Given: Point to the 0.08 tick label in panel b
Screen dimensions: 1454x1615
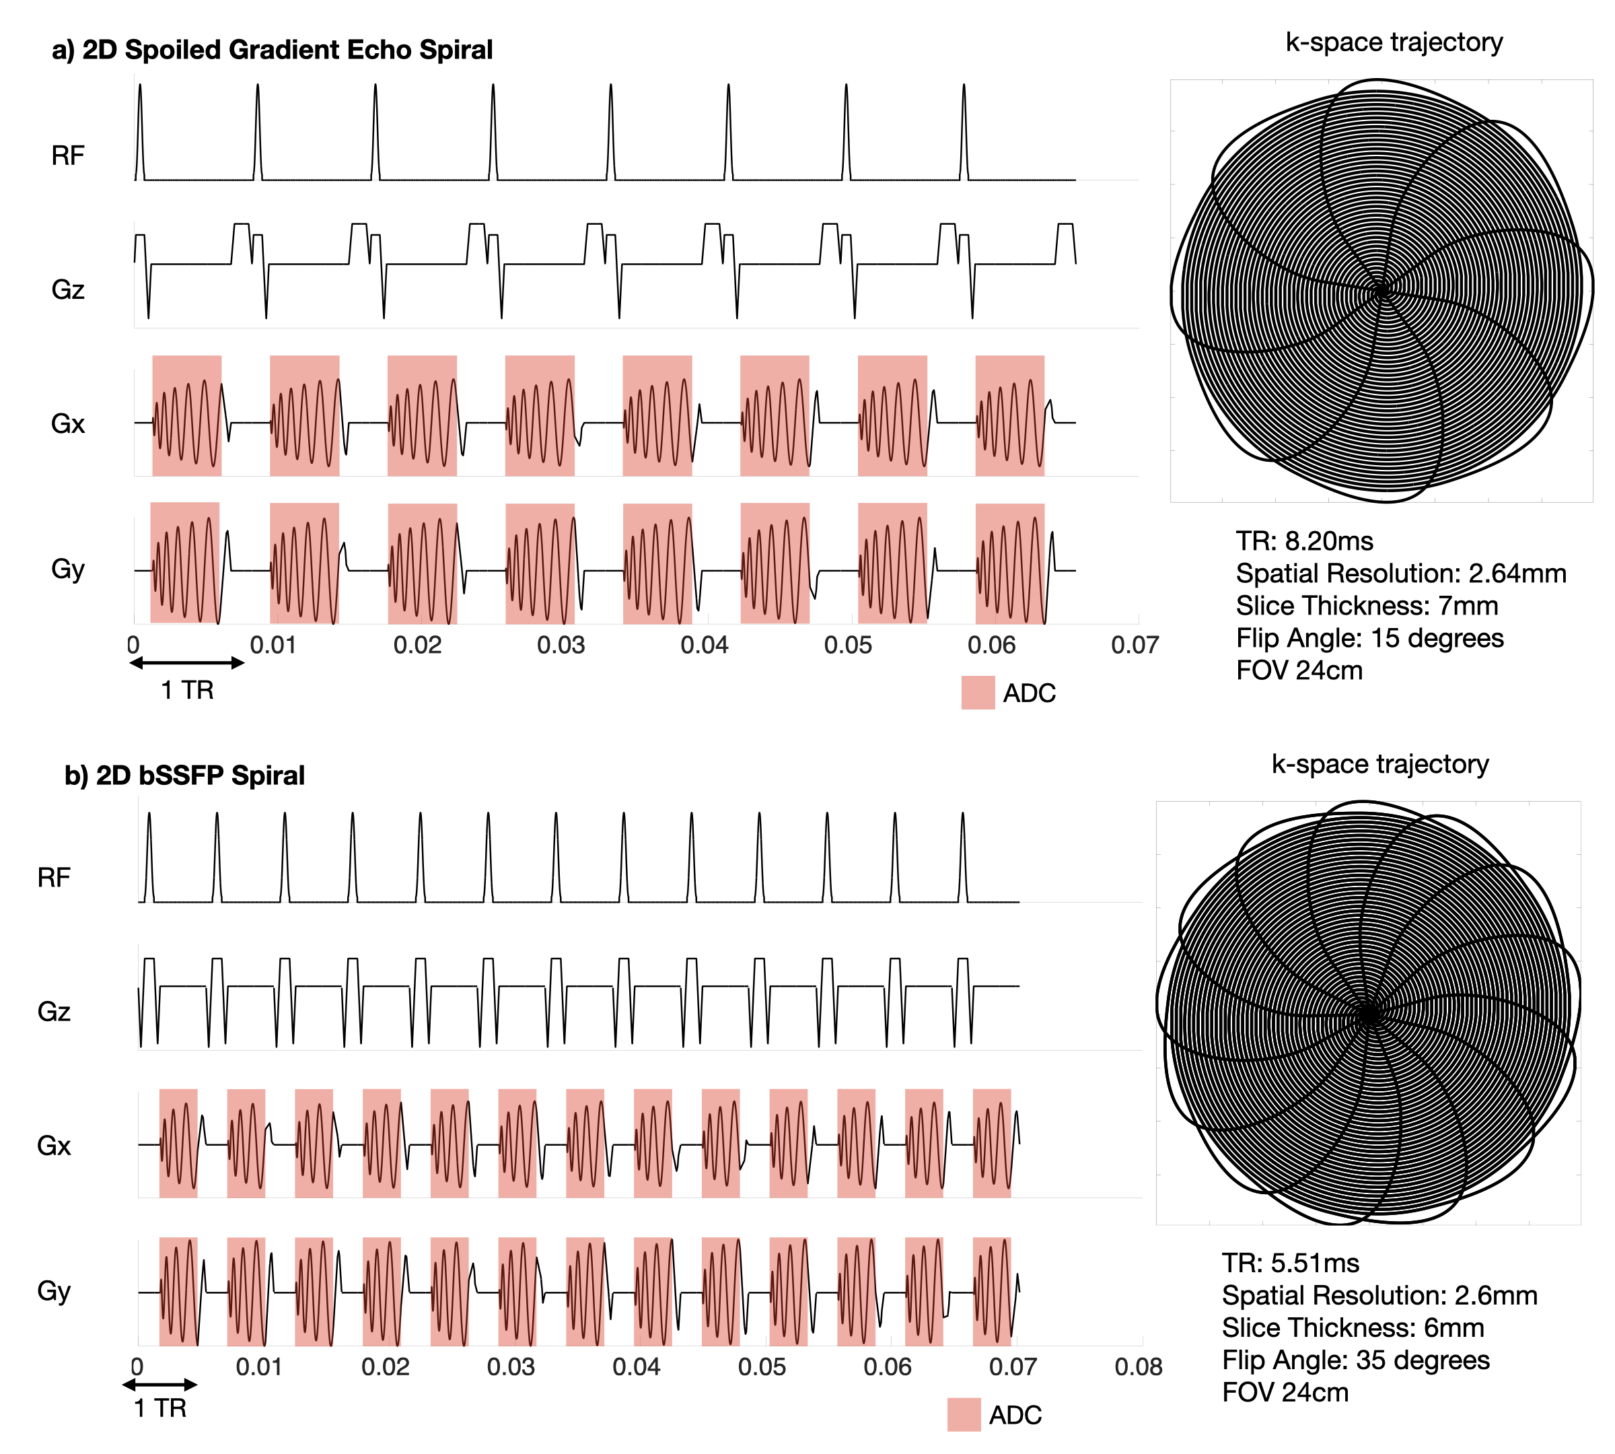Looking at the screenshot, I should click(x=1138, y=1367).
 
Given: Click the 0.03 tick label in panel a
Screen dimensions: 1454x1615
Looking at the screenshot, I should click(x=561, y=645).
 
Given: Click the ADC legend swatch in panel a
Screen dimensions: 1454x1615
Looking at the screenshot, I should click(x=978, y=693).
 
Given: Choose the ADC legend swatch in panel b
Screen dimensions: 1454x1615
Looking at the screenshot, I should click(x=963, y=1415).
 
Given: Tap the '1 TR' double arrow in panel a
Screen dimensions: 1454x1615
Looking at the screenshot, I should click(x=187, y=662).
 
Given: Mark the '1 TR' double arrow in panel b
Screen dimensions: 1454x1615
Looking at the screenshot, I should click(x=159, y=1385).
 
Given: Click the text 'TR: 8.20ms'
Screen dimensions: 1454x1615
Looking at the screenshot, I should click(x=1304, y=541).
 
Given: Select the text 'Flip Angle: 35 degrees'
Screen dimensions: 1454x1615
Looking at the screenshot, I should click(x=1355, y=1360).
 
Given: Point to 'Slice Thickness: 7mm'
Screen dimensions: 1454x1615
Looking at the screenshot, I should click(x=1367, y=606).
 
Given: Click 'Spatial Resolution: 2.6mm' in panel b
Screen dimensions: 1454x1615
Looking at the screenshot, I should click(x=1379, y=1295).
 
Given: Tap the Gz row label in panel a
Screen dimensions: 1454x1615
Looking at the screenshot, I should click(x=68, y=289).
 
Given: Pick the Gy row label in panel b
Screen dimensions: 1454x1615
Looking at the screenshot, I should click(x=54, y=1290).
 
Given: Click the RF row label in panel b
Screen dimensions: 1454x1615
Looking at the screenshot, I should click(x=54, y=877).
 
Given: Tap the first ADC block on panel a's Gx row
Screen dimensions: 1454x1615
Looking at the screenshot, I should click(x=187, y=415).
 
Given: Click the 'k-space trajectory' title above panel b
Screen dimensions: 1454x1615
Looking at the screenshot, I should click(x=1379, y=764).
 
